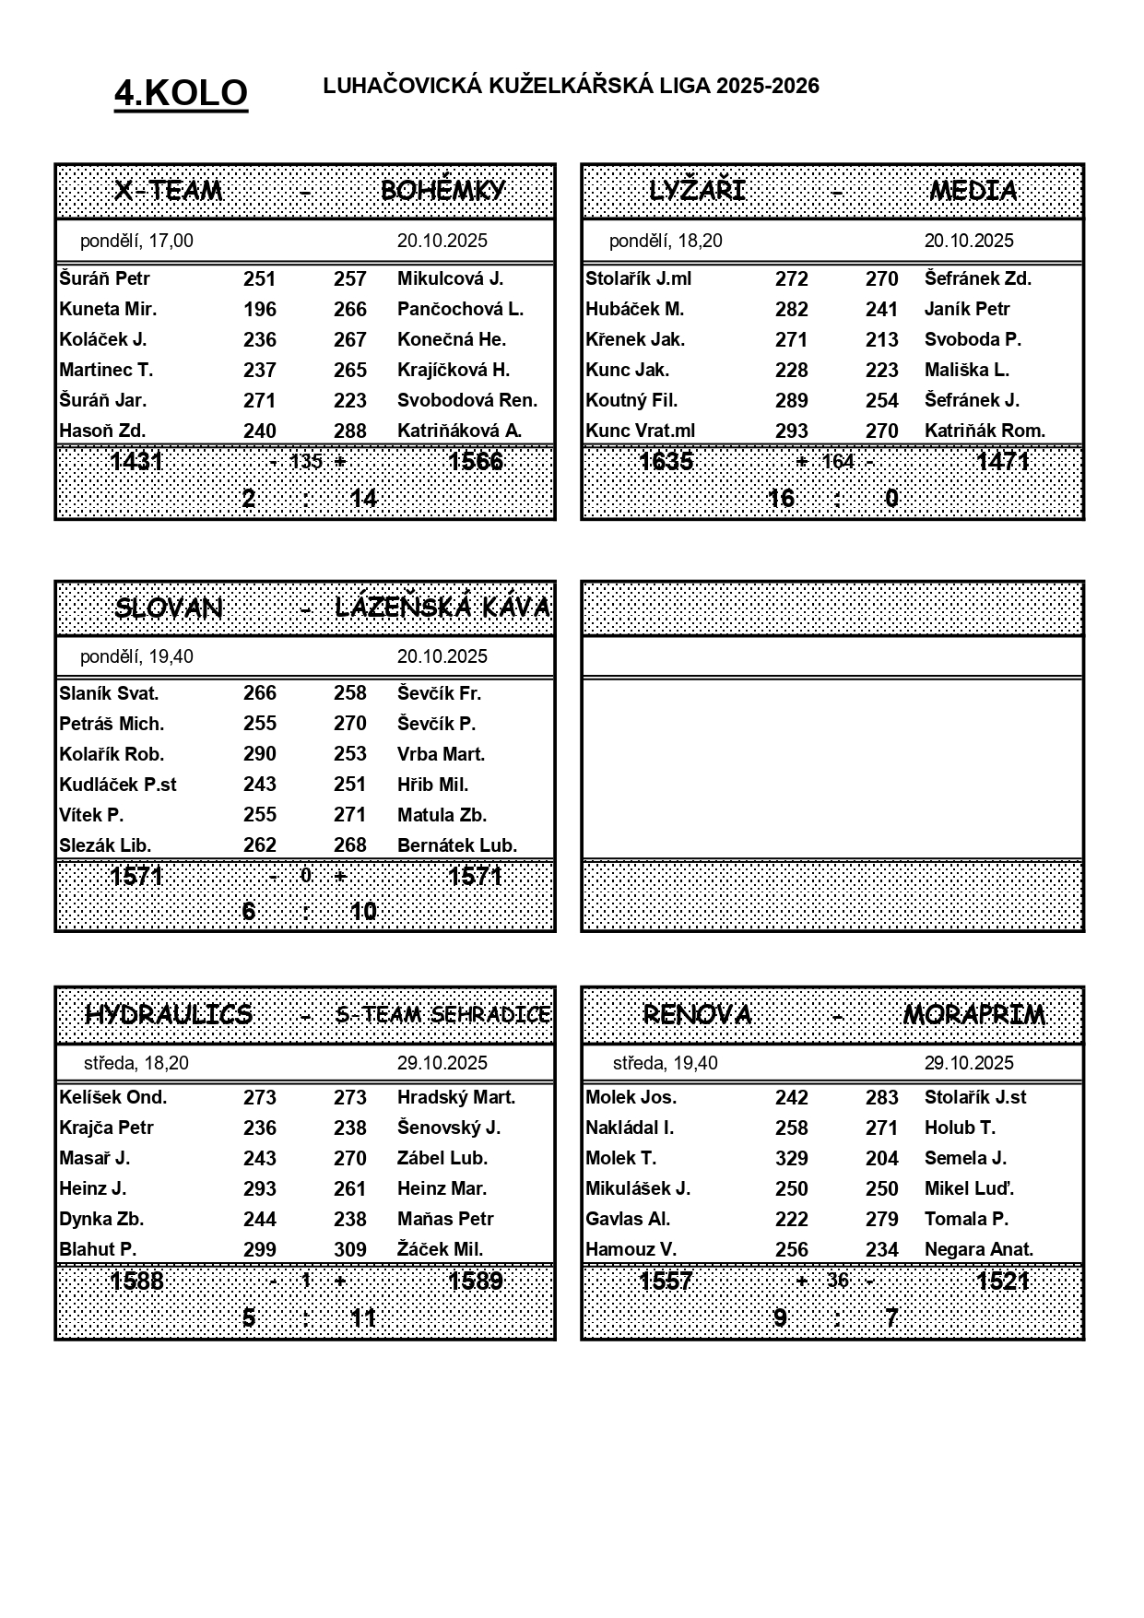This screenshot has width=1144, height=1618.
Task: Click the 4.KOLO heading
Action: (181, 93)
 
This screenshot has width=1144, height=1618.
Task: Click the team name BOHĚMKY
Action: (442, 191)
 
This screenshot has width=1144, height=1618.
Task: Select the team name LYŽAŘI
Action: (697, 191)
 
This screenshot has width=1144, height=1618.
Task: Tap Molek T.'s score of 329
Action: (791, 1158)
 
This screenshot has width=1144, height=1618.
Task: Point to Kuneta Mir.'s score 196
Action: (259, 309)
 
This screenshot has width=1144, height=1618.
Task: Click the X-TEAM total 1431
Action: (136, 460)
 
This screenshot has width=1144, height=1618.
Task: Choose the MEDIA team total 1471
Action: (1002, 460)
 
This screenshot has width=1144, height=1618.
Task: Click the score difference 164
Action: (837, 461)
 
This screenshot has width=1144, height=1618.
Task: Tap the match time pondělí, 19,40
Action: (136, 656)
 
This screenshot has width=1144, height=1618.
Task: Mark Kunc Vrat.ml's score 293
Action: (791, 431)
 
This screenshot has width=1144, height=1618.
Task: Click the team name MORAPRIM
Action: (973, 1015)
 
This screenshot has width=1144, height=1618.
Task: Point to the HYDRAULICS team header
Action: (169, 1015)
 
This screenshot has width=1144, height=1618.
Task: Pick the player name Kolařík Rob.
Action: (112, 754)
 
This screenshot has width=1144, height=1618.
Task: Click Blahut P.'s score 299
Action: (259, 1249)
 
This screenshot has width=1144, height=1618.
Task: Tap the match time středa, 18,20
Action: (136, 1063)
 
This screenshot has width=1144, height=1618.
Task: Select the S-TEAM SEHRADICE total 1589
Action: (476, 1281)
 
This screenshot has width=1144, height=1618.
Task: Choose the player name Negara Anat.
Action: (978, 1249)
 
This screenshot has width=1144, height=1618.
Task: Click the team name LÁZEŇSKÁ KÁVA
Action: (442, 608)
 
